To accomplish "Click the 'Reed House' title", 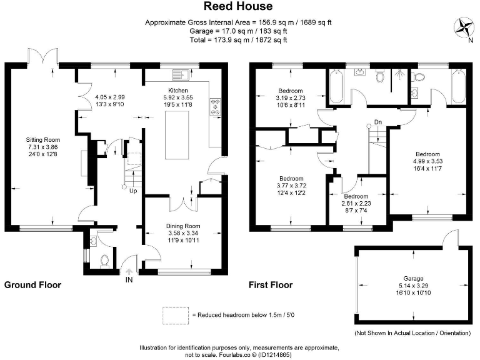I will (x=238, y=7).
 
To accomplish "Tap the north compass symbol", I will (x=464, y=27).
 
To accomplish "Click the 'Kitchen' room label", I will (x=177, y=90).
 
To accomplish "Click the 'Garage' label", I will (x=413, y=278).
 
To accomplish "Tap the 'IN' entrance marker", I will (x=129, y=280).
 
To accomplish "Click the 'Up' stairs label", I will (x=132, y=191).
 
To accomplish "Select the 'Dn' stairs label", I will (x=377, y=121).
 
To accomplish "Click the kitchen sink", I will (x=182, y=76).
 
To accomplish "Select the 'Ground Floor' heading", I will (x=32, y=285).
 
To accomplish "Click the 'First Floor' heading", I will (x=271, y=285).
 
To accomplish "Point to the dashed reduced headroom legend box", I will (x=175, y=315).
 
